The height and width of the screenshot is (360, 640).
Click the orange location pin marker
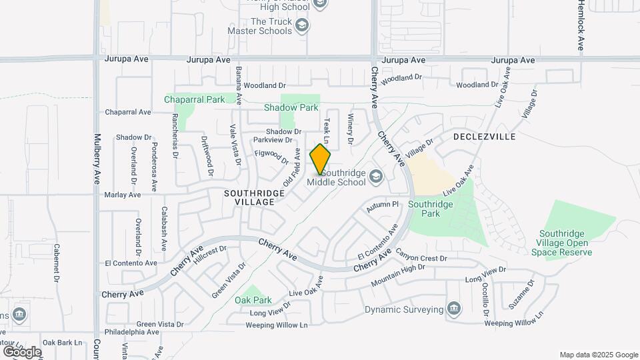click(321, 159)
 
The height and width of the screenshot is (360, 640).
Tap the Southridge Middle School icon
click(375, 176)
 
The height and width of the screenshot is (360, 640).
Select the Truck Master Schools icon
click(303, 25)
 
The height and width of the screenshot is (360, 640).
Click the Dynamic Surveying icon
click(453, 309)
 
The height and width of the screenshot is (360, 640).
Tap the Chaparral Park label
click(195, 99)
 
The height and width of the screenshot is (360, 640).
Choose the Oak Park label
click(253, 300)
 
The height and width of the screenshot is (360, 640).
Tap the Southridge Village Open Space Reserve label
click(566, 243)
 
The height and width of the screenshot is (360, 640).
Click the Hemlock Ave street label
click(581, 27)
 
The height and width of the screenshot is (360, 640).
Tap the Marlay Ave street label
click(123, 195)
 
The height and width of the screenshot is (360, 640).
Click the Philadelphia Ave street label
click(136, 332)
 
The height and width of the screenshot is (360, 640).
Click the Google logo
click(22, 351)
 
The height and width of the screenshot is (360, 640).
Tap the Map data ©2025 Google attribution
click(598, 355)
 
